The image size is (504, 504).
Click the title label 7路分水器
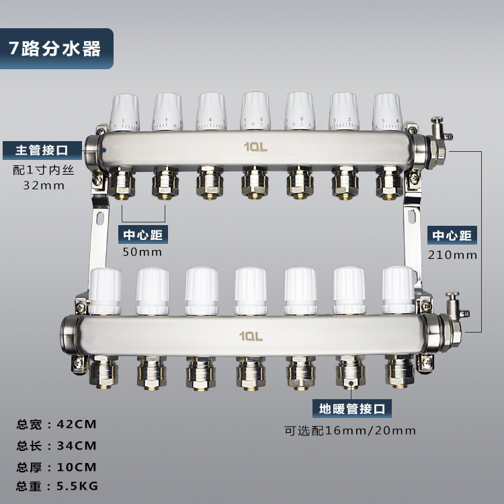(54, 48)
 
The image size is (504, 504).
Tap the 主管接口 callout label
(42, 150)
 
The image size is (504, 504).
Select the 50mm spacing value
(142, 252)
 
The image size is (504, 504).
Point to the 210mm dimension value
(452, 255)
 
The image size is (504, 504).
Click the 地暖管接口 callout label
(352, 409)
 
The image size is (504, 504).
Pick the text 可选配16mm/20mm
(349, 430)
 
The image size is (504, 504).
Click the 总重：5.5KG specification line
(57, 486)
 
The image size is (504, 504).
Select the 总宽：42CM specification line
(56, 424)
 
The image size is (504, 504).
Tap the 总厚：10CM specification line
(56, 467)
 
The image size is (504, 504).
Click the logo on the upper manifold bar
(255, 147)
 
